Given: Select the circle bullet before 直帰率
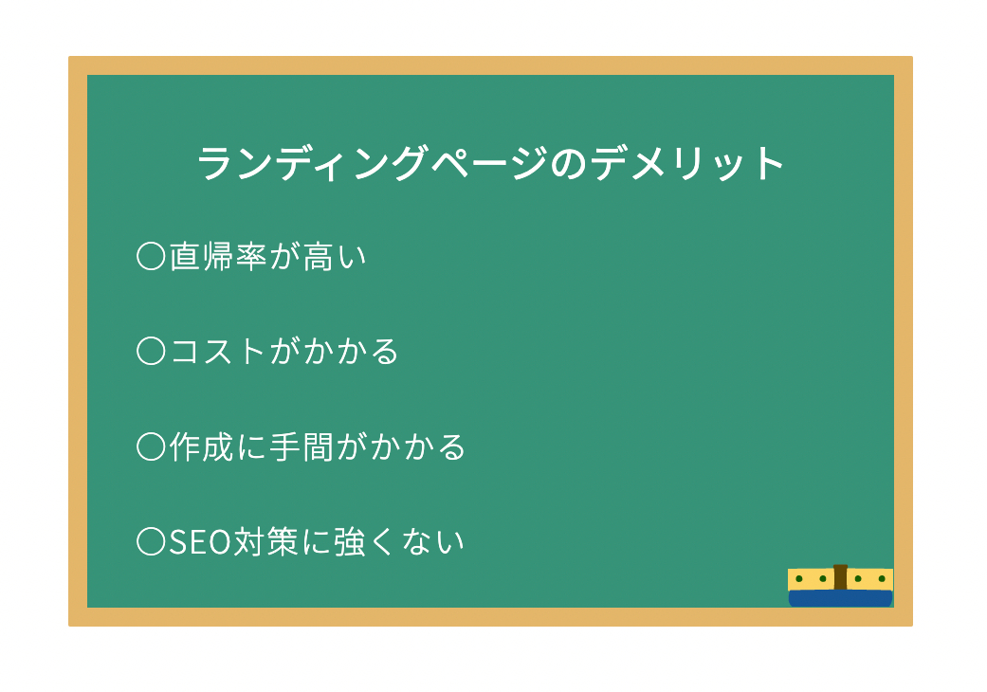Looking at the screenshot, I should pyautogui.click(x=151, y=257).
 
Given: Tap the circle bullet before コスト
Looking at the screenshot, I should pyautogui.click(x=151, y=352).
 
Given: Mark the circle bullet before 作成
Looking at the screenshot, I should pyautogui.click(x=151, y=446).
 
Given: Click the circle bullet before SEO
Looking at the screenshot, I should pyautogui.click(x=151, y=541).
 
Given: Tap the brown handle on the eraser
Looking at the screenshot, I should pyautogui.click(x=840, y=577).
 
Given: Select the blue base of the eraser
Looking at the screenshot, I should pyautogui.click(x=840, y=598).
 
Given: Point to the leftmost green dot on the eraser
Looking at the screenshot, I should pyautogui.click(x=799, y=578).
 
